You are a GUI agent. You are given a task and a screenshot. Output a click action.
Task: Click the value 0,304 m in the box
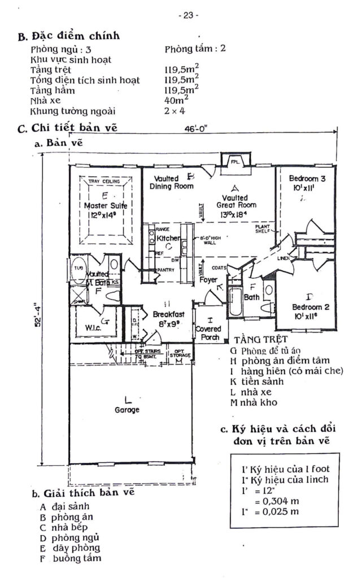point(276,501)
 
